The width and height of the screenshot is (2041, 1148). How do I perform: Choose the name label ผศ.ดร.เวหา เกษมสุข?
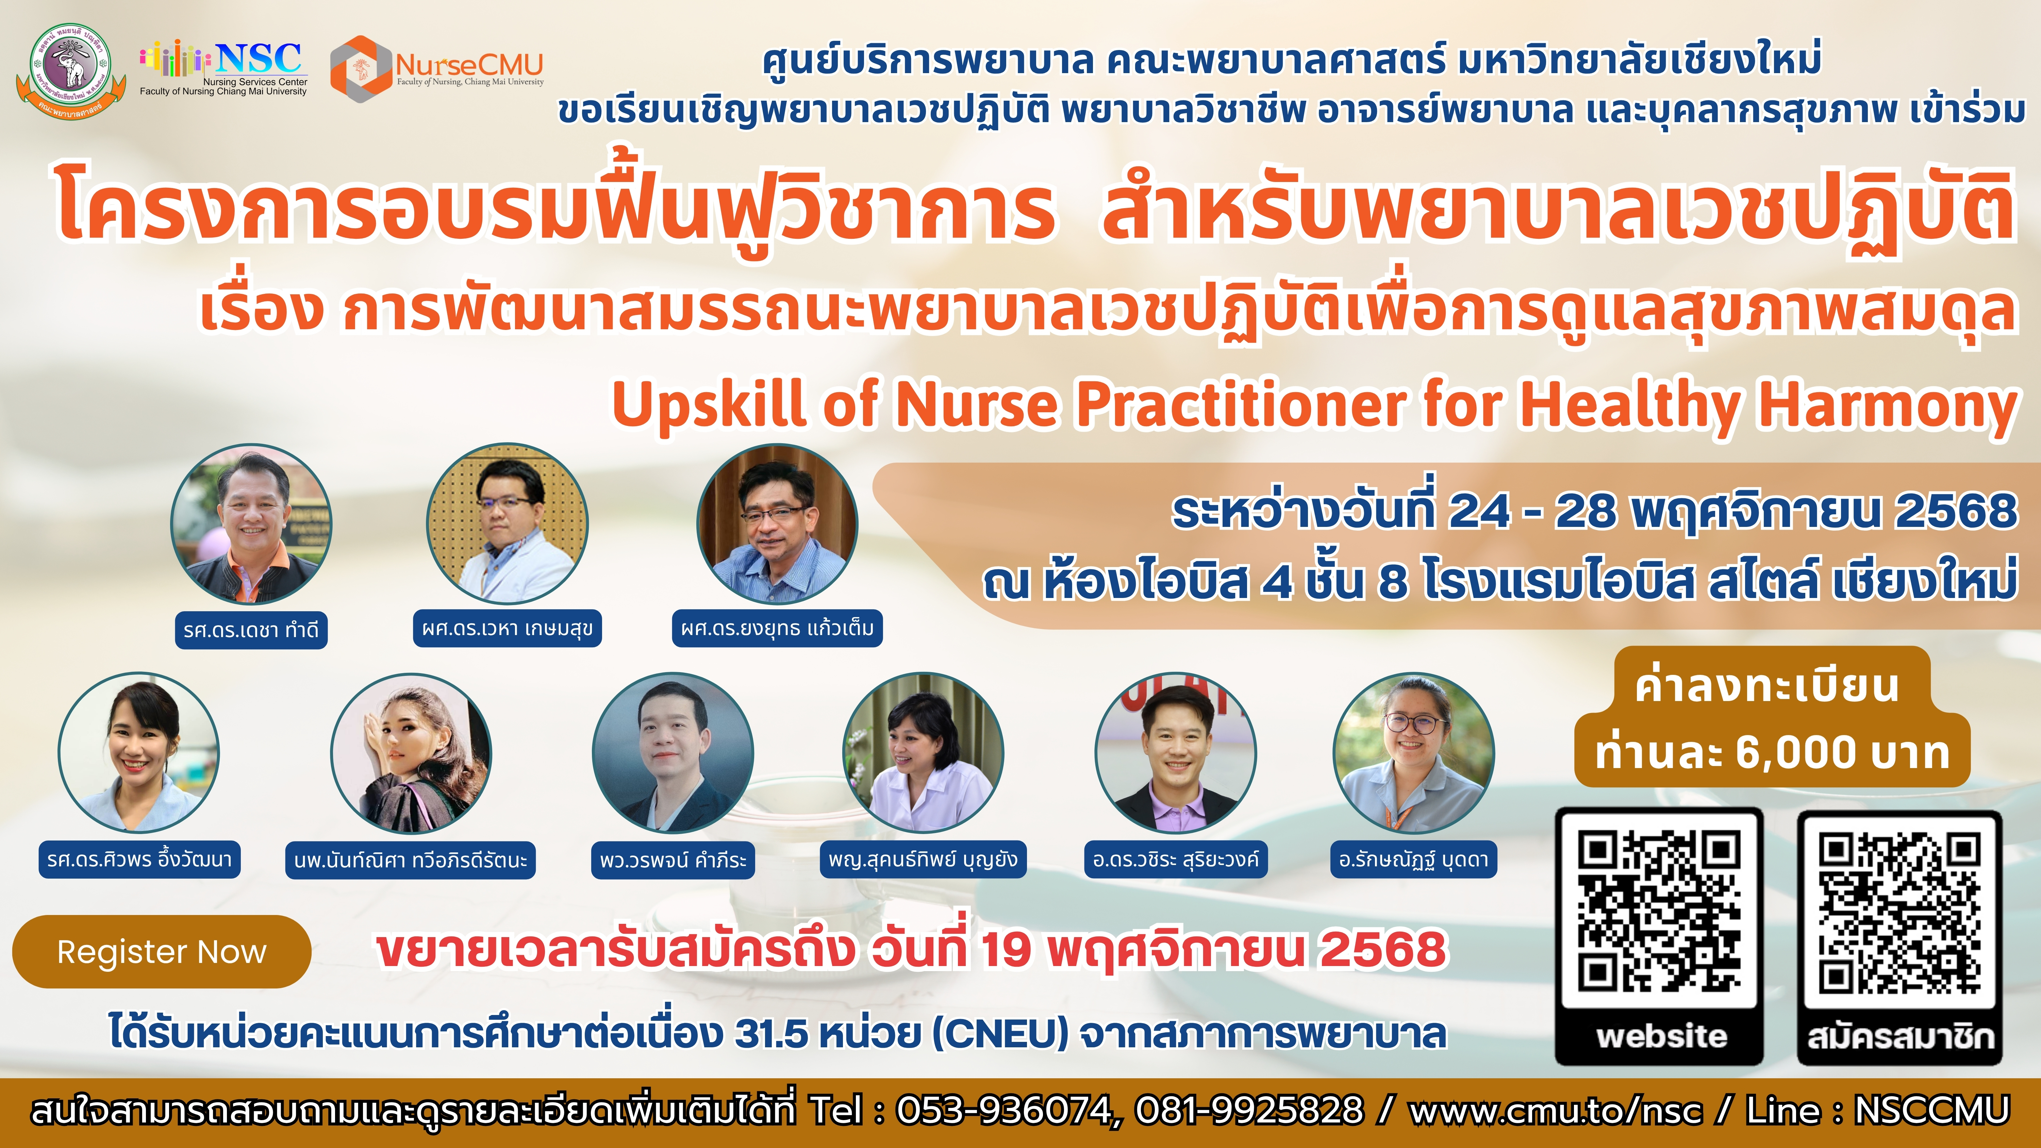507,628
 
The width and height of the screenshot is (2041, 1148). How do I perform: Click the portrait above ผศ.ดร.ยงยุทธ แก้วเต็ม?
777,524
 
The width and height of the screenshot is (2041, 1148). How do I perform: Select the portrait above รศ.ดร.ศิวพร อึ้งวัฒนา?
139,753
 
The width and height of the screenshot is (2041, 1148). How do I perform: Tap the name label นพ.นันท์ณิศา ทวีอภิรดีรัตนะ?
411,861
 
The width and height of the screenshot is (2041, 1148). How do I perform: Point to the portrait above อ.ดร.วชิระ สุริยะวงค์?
1176,753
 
